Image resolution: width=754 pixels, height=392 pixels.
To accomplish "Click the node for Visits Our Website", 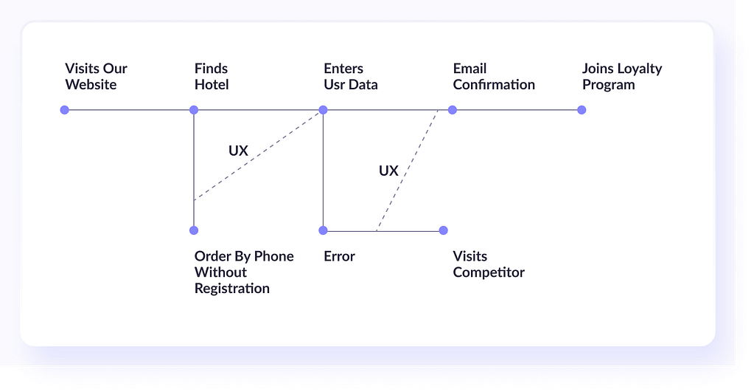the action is click(x=64, y=110).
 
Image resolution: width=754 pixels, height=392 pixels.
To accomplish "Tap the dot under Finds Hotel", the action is click(x=194, y=110).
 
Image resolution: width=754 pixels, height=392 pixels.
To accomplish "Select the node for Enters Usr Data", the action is click(x=323, y=110).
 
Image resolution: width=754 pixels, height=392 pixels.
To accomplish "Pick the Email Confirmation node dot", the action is click(x=453, y=110).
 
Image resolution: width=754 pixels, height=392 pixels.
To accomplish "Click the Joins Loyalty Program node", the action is click(x=582, y=110).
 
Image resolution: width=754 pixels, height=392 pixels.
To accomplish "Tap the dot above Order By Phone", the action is click(x=194, y=230).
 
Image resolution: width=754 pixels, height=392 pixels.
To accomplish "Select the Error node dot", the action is click(x=323, y=230).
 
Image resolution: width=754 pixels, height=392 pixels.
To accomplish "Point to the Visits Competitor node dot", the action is click(x=444, y=230).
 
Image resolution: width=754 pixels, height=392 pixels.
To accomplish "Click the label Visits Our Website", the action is click(x=96, y=76).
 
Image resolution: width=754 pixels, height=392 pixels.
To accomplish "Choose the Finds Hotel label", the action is click(x=212, y=76).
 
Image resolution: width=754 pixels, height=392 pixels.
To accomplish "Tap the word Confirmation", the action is click(x=494, y=85).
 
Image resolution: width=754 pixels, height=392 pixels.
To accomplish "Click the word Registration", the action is click(x=231, y=289).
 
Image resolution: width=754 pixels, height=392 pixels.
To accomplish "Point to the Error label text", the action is click(x=340, y=256).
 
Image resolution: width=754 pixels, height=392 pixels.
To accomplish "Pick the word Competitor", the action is click(x=489, y=272).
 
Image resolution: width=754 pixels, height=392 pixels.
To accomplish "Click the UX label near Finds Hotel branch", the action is click(x=238, y=151).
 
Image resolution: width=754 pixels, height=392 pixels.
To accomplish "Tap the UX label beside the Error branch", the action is click(x=388, y=171).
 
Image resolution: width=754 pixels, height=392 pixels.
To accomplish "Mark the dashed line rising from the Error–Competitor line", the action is click(x=408, y=171).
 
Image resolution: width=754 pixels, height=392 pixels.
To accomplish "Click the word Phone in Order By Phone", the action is click(x=273, y=256).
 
